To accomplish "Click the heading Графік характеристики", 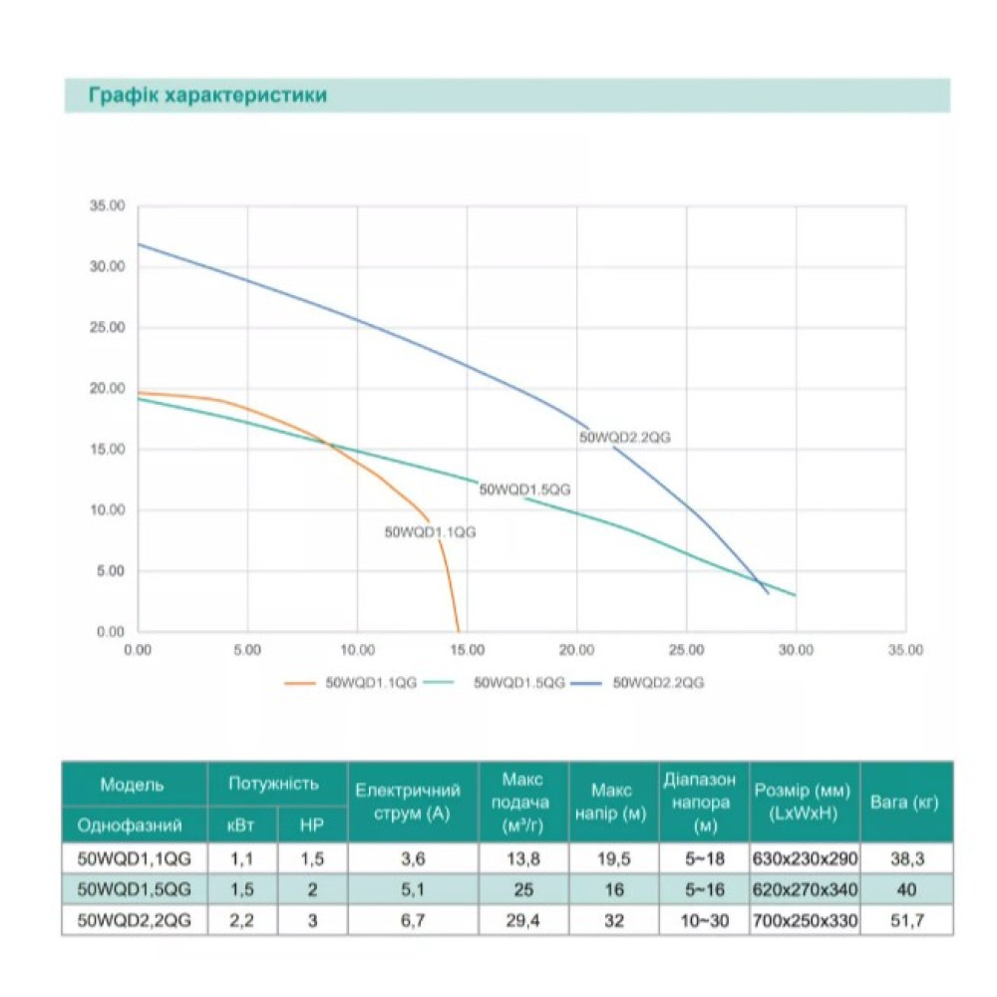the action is point(207,96).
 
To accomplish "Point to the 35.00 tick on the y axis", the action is point(107,206).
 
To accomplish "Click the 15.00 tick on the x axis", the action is point(467,650).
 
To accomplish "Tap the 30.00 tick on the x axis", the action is point(796,650).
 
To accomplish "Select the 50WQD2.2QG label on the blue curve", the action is point(624,438).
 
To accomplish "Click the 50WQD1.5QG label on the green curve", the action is point(524,490).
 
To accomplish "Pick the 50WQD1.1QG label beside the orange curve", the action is point(430,532).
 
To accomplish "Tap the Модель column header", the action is point(132,786).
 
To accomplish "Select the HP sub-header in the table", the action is point(311,826).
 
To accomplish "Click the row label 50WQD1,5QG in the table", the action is point(134,889).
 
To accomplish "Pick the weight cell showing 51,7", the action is point(907,920).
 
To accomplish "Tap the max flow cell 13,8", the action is point(523,859).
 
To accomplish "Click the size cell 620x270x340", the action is point(805,889).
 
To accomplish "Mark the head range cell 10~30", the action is point(705,920).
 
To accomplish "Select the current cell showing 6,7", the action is point(413,920).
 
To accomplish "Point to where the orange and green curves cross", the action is point(327,444).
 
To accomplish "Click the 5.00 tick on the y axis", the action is point(111,571).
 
